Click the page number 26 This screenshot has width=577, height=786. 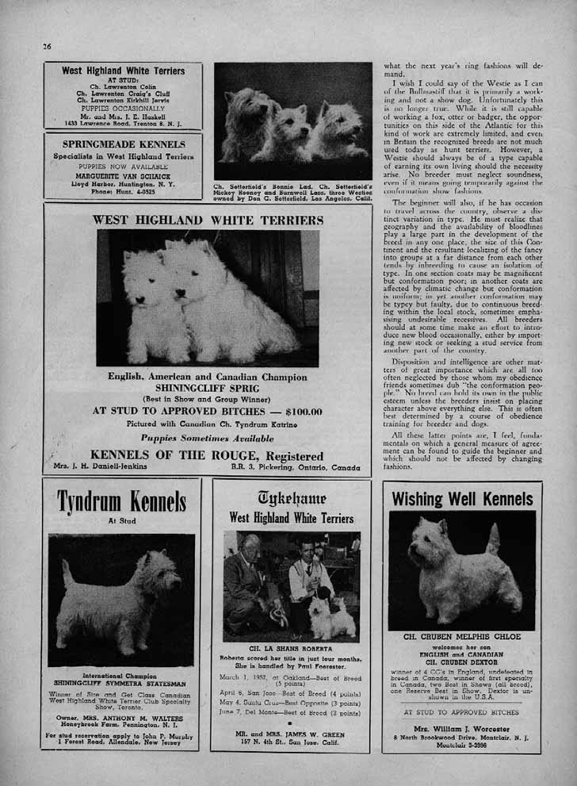[47, 46]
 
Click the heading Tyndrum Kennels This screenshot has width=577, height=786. [121, 501]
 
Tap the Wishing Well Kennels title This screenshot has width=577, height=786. [462, 499]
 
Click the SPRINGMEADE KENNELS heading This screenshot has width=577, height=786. [124, 144]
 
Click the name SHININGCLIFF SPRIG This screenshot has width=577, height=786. [207, 388]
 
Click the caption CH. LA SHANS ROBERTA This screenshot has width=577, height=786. [290, 646]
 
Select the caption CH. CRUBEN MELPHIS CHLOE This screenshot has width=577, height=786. [462, 637]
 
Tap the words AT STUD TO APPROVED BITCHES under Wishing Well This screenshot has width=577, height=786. [461, 712]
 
